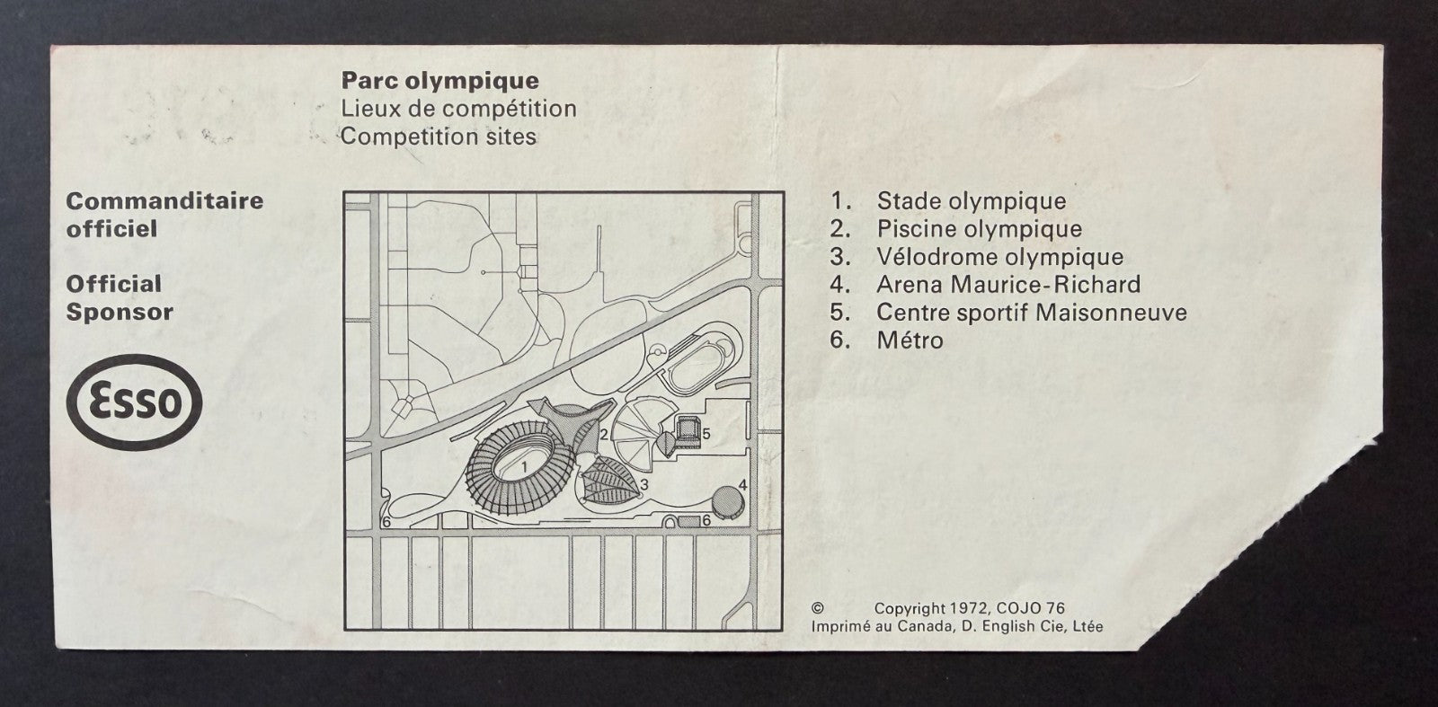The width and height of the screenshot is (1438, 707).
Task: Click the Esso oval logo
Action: (134, 402)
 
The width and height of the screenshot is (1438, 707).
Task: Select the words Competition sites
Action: (438, 137)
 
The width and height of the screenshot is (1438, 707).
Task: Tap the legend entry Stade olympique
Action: (972, 201)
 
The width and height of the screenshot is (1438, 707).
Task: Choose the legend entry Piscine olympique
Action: (980, 229)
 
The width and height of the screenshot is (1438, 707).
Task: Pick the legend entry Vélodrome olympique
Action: (1000, 257)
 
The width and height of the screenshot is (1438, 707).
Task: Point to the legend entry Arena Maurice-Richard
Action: (1008, 284)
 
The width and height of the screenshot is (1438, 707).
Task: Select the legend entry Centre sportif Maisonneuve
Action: (1032, 313)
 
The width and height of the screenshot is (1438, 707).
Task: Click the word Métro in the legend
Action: (910, 340)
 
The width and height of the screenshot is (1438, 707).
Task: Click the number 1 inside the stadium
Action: (525, 467)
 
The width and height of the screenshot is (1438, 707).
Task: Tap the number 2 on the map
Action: (603, 435)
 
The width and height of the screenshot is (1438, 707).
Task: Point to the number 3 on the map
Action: (644, 485)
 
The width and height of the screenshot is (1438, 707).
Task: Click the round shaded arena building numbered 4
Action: (728, 502)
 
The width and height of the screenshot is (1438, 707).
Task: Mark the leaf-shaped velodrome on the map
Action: (610, 481)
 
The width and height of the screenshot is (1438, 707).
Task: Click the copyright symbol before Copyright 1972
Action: (817, 608)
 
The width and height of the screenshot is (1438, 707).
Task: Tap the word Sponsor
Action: (120, 314)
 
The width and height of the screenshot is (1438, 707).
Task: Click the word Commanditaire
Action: (165, 201)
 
